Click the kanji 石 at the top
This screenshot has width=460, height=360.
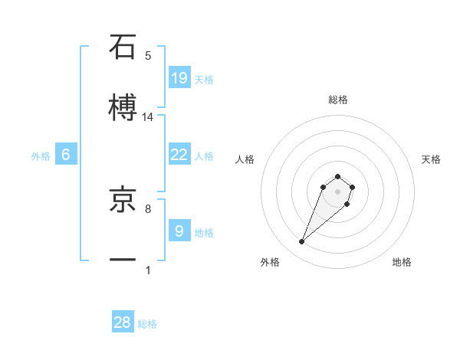[123, 47]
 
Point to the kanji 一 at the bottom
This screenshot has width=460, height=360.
[123, 261]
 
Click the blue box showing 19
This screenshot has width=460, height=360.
[179, 77]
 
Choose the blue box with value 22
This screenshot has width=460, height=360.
[179, 155]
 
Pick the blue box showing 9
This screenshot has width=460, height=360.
[179, 231]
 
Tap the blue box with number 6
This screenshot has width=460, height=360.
[66, 155]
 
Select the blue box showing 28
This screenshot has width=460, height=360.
[123, 322]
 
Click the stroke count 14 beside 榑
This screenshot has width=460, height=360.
[148, 117]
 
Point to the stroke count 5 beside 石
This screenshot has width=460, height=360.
[148, 56]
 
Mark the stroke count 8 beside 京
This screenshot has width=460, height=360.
[148, 208]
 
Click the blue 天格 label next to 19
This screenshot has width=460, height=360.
[204, 80]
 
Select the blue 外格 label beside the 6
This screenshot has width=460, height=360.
[41, 156]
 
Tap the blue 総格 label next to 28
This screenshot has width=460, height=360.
[147, 324]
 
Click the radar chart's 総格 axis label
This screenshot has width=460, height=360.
[337, 100]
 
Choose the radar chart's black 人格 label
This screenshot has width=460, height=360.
[245, 159]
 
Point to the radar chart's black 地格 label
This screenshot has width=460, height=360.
[402, 262]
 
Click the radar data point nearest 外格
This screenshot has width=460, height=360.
[302, 242]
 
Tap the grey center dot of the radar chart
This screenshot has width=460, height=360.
[337, 191]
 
